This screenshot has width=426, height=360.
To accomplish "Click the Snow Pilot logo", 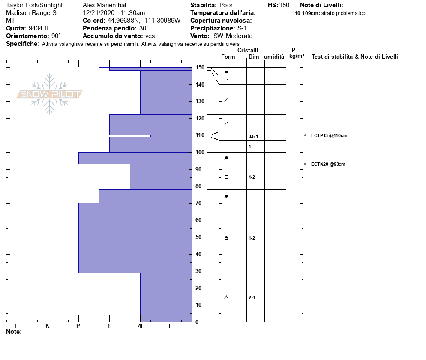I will (x=50, y=94).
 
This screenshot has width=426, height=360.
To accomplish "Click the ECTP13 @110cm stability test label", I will (x=329, y=136).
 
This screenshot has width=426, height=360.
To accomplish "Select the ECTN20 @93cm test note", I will (x=328, y=164).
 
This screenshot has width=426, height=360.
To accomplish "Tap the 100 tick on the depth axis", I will (x=199, y=153).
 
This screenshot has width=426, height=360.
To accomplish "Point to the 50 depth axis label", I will (x=199, y=237).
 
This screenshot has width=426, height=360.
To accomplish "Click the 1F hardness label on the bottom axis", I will (x=110, y=326).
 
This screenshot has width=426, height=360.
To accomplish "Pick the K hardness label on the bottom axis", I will (x=48, y=326).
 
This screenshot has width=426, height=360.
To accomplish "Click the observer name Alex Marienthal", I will (x=105, y=5).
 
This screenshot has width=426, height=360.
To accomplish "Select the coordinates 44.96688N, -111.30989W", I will (x=144, y=21).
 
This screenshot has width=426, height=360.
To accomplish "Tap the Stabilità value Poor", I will (x=226, y=5).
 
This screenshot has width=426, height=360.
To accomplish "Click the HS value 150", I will (x=284, y=5).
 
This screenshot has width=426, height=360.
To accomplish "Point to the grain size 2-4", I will (x=252, y=297).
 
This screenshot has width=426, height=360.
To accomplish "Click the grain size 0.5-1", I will (x=253, y=136).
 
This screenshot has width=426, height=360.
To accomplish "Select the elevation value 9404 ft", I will (x=39, y=28).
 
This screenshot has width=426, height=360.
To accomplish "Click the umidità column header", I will (x=274, y=57).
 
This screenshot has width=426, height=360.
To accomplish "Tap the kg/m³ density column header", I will (x=297, y=56).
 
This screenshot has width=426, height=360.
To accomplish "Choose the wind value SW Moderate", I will (x=233, y=36).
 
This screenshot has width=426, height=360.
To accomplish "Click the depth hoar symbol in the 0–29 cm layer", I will (x=226, y=297).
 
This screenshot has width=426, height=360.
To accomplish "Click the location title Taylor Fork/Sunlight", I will (x=34, y=5).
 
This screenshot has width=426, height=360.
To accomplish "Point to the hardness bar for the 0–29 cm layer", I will (x=166, y=297).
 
